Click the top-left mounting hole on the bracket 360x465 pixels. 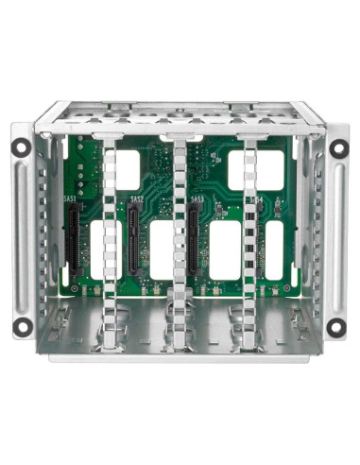(x=21, y=146)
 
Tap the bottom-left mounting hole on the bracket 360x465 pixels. (x=21, y=326)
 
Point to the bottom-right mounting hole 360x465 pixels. (x=335, y=326)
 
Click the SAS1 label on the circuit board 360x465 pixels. (x=70, y=199)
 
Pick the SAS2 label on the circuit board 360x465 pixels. (x=136, y=199)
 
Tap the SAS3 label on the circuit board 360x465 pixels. (x=197, y=200)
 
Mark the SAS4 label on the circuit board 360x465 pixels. (x=255, y=200)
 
